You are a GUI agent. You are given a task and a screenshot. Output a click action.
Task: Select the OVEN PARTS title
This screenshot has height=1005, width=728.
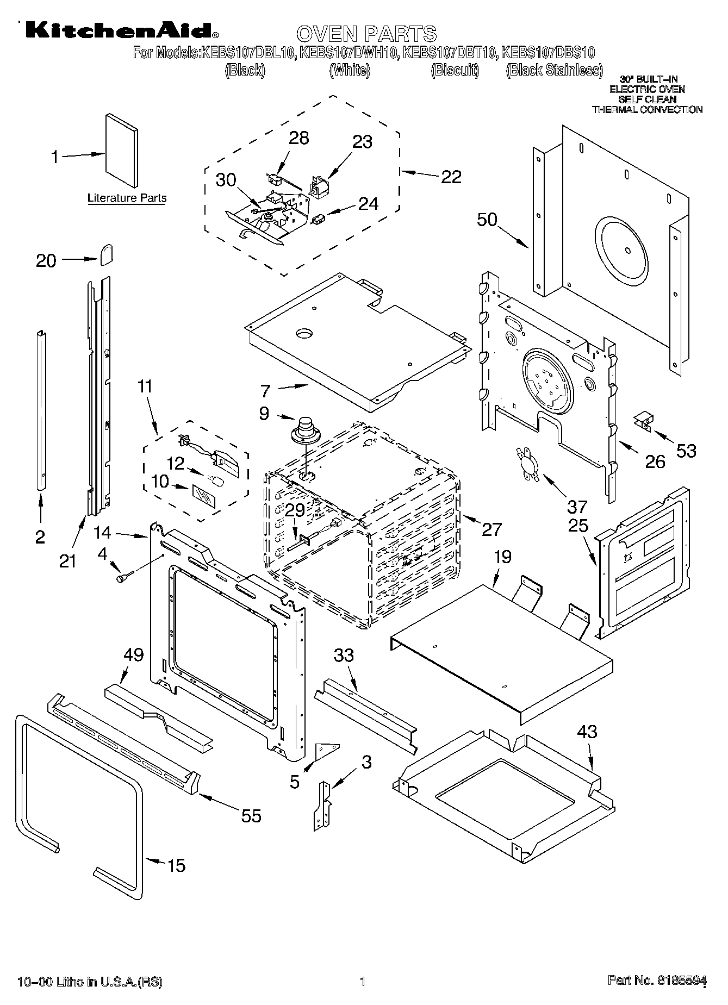[366, 34]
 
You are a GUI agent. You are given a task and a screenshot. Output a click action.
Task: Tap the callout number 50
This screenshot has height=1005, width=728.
[487, 220]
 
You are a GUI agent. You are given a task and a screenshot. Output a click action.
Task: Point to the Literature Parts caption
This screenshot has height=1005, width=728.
[127, 198]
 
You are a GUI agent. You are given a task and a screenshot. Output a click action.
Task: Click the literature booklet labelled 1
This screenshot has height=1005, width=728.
[121, 150]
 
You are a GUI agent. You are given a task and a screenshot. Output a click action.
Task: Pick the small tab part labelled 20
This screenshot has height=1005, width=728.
[107, 254]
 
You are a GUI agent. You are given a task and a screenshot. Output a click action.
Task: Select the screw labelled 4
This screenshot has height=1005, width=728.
[122, 577]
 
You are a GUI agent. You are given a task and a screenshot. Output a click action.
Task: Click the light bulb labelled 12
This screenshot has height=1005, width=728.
[217, 482]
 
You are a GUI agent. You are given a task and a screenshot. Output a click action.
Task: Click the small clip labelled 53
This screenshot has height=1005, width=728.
[644, 422]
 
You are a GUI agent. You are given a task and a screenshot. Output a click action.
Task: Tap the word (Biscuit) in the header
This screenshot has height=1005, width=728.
[455, 70]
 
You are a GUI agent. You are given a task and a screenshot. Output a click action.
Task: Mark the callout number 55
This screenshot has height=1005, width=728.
[251, 815]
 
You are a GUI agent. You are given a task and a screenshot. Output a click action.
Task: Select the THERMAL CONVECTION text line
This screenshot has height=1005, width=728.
[647, 110]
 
